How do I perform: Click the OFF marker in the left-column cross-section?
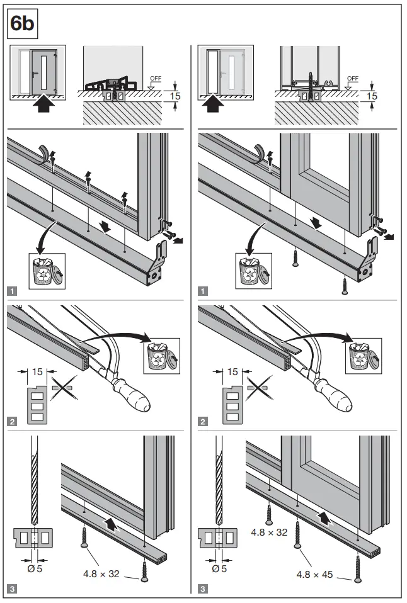pos(154,79)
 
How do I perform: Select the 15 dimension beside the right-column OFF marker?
pos(372,96)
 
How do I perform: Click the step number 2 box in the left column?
pos(13,421)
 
